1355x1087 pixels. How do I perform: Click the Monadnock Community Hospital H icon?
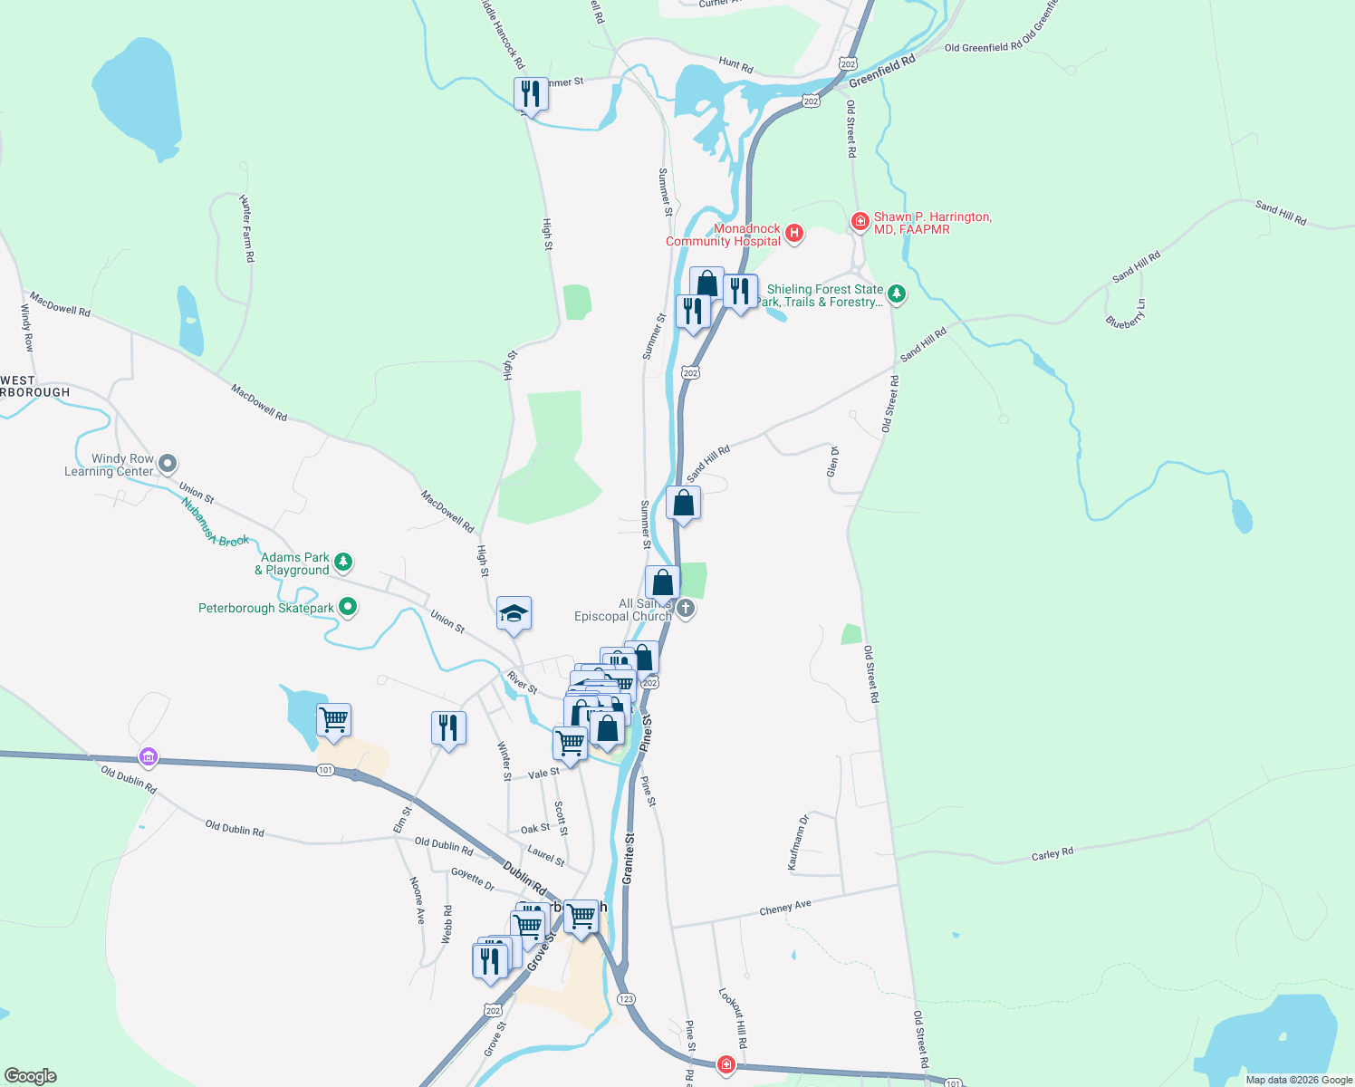click(794, 234)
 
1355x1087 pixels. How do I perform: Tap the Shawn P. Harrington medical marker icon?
click(860, 221)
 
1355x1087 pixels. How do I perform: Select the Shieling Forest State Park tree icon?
click(897, 293)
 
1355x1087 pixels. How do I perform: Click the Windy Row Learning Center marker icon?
click(168, 465)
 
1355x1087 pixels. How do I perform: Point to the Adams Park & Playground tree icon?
click(343, 563)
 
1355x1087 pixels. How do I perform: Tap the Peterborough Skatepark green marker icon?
click(348, 608)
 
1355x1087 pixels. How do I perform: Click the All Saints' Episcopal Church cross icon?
click(686, 608)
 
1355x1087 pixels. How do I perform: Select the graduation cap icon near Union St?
click(514, 614)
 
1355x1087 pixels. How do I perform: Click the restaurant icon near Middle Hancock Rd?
click(531, 93)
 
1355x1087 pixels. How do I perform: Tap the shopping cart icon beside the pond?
click(334, 720)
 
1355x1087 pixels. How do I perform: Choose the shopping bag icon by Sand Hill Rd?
click(683, 503)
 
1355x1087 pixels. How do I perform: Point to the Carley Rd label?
click(1052, 853)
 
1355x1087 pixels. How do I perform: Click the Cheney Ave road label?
click(785, 908)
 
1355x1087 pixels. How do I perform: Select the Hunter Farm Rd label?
click(247, 228)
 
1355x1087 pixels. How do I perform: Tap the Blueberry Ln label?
click(1126, 313)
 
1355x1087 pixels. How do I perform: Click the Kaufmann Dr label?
click(798, 842)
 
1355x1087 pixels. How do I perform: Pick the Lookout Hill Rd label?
click(734, 1017)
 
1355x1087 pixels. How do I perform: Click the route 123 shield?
click(626, 998)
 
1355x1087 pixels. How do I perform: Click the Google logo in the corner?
click(31, 1076)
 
